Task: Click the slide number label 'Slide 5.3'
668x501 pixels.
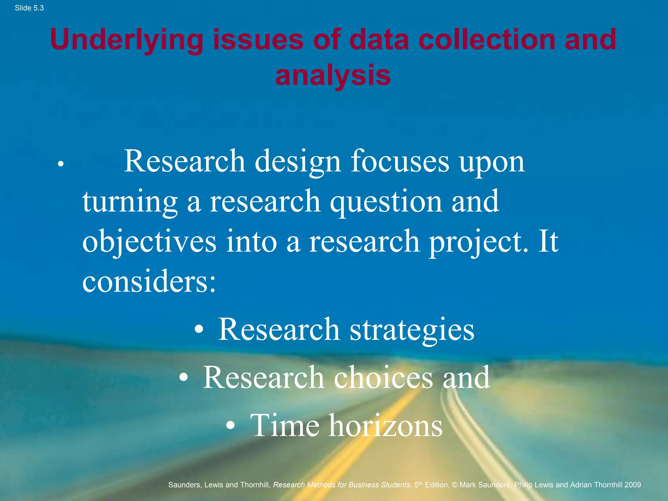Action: click(29, 8)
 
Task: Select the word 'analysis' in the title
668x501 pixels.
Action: click(333, 76)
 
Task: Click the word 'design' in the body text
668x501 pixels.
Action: click(297, 162)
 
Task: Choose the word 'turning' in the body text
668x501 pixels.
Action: click(130, 202)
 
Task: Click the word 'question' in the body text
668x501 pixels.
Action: click(386, 202)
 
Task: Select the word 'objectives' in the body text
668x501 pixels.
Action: click(149, 242)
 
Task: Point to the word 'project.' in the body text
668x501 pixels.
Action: click(478, 242)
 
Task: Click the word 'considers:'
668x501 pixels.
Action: click(149, 281)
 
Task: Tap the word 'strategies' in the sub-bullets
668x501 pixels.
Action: click(412, 330)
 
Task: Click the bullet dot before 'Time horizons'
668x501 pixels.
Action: click(231, 425)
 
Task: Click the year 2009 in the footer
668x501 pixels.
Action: click(632, 485)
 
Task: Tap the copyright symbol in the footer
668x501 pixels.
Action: click(454, 485)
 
